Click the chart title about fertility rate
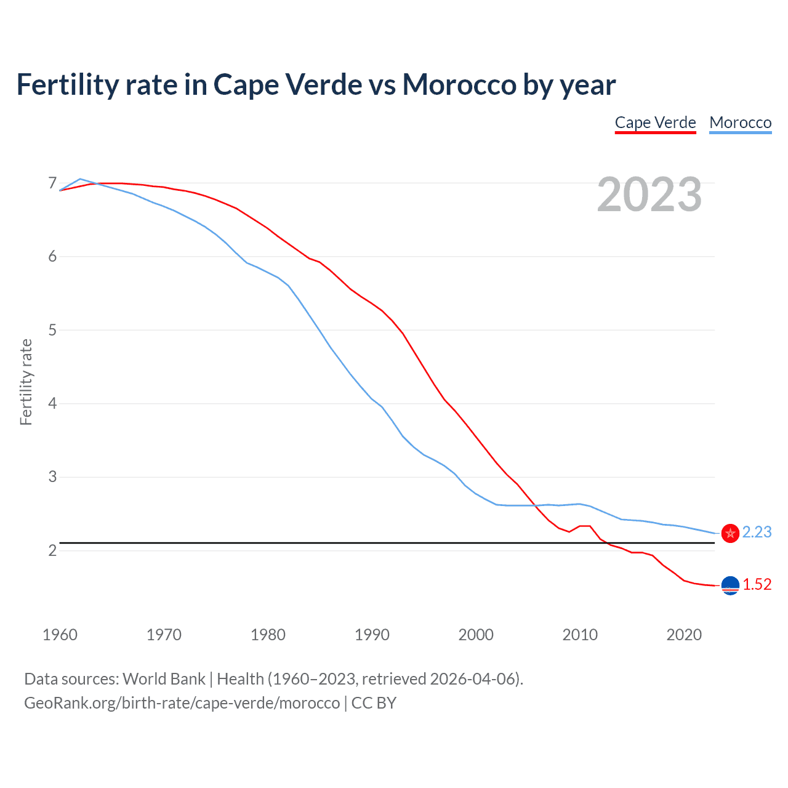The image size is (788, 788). pos(316,85)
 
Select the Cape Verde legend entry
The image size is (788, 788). pos(655,123)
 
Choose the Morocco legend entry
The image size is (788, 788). pos(740,123)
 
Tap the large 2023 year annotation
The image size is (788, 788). pos(649,195)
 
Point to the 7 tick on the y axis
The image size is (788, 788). pos(52,183)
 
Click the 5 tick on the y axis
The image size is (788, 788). pos(52,330)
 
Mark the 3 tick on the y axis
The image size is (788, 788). pos(52,477)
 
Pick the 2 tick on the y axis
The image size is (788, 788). pos(52,550)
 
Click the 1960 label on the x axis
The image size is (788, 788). pos(60,635)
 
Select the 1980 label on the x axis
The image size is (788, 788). pos(268,635)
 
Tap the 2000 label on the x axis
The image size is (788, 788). pos(476,635)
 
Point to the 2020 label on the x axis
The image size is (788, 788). pos(684,635)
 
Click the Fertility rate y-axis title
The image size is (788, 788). pos(26,382)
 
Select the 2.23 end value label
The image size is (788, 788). pos(757,532)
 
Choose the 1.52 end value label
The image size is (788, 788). pos(757,584)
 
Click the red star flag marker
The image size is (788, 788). pos(730,533)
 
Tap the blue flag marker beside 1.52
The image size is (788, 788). pos(730,585)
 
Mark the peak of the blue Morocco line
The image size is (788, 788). pos(80,179)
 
